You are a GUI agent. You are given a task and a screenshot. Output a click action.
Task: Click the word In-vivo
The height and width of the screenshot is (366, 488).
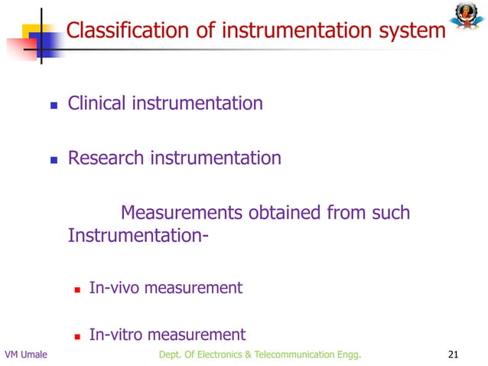point(114,288)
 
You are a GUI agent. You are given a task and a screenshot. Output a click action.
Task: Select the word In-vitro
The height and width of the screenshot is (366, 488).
point(115,335)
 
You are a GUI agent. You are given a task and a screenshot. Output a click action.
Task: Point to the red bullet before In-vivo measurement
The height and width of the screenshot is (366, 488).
point(76,289)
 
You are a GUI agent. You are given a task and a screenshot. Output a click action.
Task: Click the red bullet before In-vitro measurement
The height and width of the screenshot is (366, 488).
point(76,336)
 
